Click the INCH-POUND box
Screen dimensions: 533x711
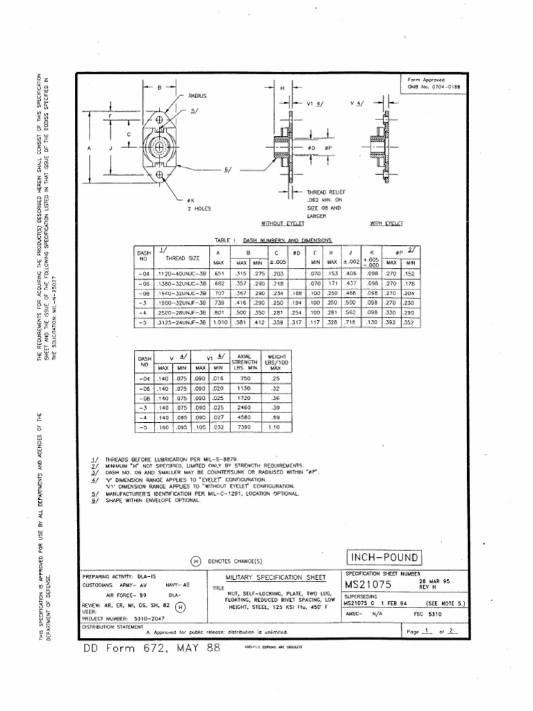(383, 558)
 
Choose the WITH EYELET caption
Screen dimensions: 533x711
(387, 224)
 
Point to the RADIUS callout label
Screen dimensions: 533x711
(198, 95)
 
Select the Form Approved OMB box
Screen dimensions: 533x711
(434, 83)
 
